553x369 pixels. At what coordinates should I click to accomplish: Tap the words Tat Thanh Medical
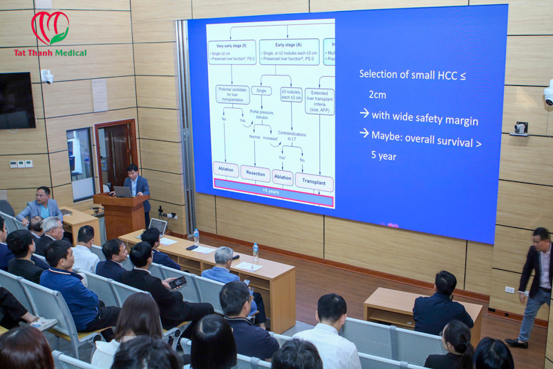click(50, 53)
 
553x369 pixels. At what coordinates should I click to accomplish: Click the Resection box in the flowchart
click(255, 173)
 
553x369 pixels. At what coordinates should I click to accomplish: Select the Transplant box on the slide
click(314, 181)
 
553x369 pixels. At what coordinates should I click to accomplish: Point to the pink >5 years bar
click(274, 190)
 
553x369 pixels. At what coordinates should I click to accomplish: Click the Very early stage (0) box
click(232, 52)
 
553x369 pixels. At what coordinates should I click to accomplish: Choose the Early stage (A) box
click(289, 52)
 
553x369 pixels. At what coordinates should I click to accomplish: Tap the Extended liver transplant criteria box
click(319, 100)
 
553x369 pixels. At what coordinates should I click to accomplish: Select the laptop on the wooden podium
click(123, 191)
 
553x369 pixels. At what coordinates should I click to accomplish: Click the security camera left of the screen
click(48, 77)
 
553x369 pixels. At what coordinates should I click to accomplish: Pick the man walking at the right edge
click(536, 284)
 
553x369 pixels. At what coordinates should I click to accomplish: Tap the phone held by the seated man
click(178, 282)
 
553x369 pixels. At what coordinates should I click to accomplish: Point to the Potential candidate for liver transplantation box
click(232, 95)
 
